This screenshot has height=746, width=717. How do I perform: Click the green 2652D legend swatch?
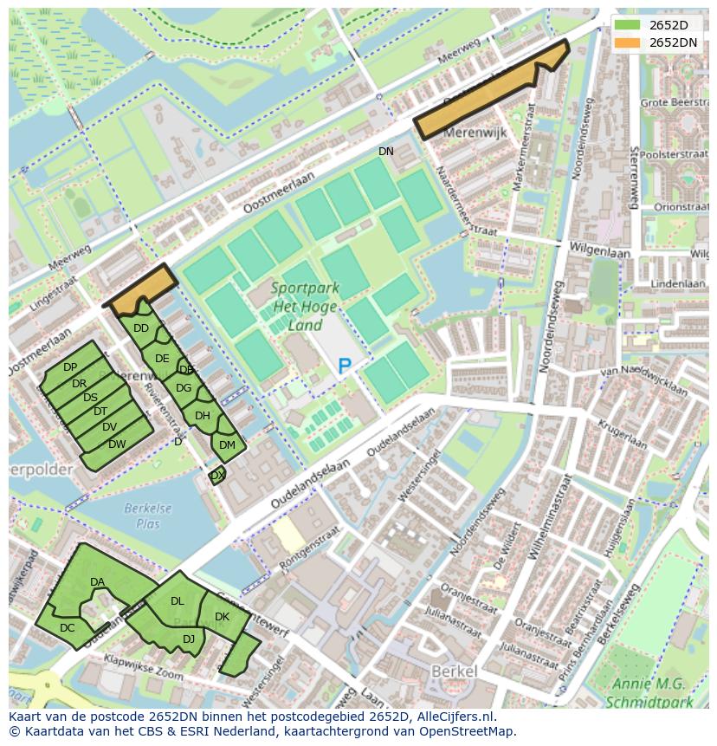629,25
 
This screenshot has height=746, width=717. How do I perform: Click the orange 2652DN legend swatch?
629,42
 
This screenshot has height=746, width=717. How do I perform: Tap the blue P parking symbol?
345,367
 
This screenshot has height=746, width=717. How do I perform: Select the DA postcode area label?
97,582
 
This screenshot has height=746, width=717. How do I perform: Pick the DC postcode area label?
68,628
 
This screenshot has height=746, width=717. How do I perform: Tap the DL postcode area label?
178,601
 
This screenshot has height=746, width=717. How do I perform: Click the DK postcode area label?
222,617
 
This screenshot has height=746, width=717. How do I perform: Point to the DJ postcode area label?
189,639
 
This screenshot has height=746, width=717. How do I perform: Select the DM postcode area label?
227,445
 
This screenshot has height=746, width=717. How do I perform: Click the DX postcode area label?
217,476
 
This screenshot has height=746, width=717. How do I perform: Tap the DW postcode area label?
117,444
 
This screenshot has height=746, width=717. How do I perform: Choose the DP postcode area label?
70,368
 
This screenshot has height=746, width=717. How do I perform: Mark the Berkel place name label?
454,672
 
